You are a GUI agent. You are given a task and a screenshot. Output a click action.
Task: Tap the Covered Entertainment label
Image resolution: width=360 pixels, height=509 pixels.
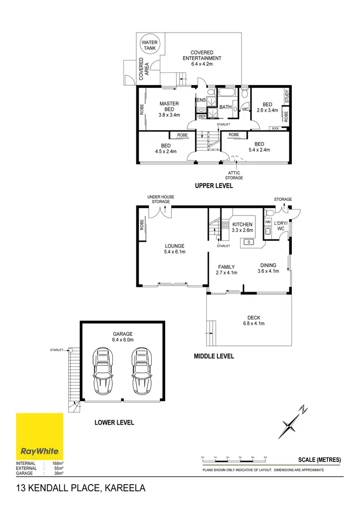click(202, 58)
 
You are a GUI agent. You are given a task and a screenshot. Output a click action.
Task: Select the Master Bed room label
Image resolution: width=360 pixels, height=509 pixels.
click(169, 109)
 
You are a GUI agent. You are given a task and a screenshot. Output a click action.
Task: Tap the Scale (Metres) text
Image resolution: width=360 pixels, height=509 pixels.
click(319, 460)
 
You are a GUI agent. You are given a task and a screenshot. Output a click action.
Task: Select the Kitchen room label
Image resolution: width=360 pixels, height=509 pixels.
click(242, 226)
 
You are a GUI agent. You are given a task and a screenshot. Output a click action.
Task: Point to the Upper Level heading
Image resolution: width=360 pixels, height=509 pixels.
click(214, 186)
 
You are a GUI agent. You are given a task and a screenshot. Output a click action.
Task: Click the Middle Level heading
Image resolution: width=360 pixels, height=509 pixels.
click(214, 356)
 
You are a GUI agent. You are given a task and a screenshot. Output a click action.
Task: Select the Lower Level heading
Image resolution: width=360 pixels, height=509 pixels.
click(114, 423)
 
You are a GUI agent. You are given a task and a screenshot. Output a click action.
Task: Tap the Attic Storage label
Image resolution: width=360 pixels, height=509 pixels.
click(234, 175)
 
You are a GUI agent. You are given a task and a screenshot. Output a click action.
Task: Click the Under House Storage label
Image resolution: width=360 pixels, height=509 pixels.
click(161, 199)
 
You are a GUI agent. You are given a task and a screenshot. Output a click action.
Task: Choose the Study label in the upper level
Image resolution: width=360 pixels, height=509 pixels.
click(287, 97)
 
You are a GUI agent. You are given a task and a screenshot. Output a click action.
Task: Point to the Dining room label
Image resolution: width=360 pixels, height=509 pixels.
click(268, 268)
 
